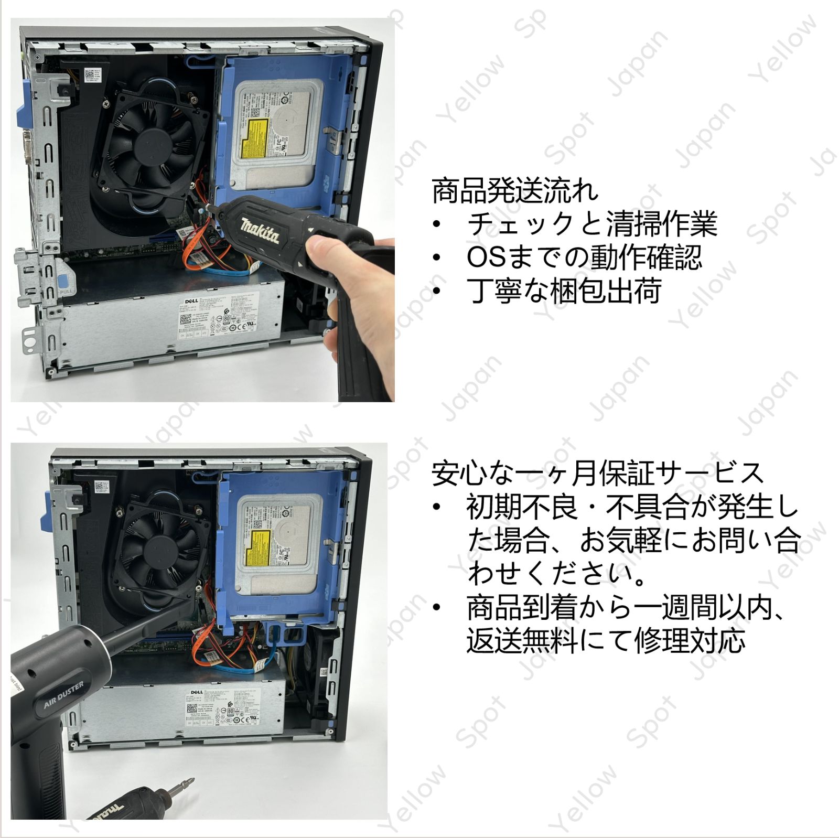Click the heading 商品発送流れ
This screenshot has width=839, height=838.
514,191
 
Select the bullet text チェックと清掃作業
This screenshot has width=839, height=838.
591,224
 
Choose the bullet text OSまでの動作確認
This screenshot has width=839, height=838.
584,257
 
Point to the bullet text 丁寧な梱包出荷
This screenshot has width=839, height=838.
564,291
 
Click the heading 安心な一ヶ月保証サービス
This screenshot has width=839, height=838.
597,472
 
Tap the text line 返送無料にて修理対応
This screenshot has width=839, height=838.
606,640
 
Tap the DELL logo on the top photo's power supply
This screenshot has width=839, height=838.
191,300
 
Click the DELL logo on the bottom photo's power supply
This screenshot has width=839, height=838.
196,692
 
